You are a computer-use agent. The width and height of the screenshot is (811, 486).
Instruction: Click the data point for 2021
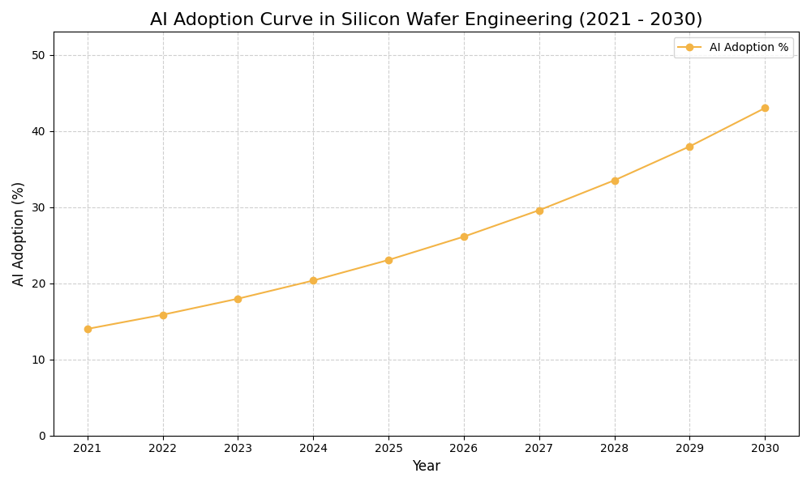[88, 329]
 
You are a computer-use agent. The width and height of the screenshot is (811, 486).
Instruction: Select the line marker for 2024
[313, 281]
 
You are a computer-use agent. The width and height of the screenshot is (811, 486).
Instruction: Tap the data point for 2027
[539, 211]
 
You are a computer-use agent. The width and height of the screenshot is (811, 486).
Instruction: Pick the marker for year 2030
[765, 108]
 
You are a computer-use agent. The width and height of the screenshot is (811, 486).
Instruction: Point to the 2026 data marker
[464, 237]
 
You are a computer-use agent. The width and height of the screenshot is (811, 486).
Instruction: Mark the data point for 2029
[689, 147]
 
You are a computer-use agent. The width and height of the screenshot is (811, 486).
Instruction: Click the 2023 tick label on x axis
[238, 448]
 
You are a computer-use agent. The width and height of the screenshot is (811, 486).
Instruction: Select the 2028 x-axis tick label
[614, 448]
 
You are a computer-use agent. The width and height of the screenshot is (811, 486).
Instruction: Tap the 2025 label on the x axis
[388, 448]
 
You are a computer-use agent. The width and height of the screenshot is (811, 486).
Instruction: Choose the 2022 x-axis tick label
[163, 448]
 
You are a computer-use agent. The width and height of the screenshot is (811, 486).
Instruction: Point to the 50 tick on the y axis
[38, 55]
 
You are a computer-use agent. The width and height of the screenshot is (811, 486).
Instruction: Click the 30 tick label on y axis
[38, 207]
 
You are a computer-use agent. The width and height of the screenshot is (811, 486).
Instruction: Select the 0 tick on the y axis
[41, 436]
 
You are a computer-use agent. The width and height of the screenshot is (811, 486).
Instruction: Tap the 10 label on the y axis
[38, 360]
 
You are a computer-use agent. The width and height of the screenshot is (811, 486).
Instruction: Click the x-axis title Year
[426, 467]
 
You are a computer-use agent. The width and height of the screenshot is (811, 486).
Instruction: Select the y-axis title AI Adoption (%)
[19, 233]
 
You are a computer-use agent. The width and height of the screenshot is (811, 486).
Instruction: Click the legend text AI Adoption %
[749, 48]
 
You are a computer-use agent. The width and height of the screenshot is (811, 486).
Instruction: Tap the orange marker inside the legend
[689, 48]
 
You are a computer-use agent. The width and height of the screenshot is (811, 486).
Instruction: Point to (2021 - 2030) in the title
[640, 19]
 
